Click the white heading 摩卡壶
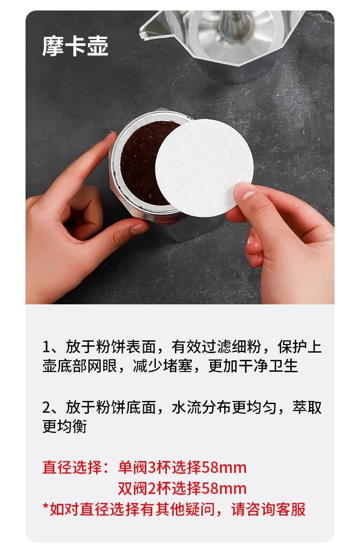(75, 46)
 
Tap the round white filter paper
(204, 168)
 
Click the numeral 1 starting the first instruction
(46, 347)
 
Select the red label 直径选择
(72, 467)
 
